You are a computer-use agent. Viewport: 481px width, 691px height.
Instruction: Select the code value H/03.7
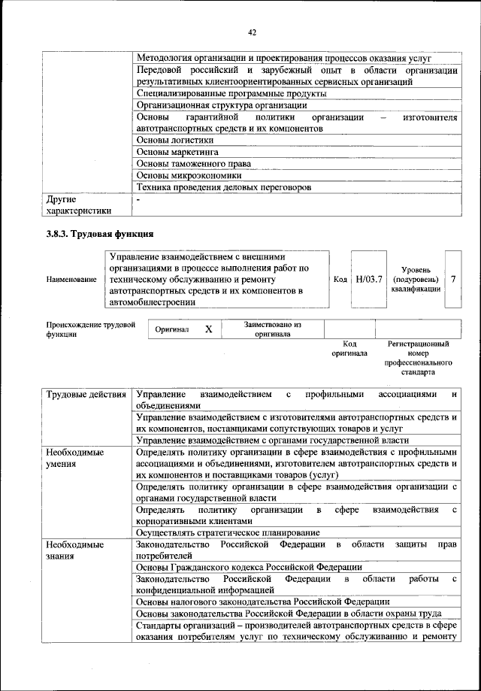[x=369, y=279]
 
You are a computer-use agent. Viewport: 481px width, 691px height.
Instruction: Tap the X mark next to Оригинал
[x=209, y=329]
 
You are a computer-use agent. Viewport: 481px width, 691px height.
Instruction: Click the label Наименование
[x=71, y=280]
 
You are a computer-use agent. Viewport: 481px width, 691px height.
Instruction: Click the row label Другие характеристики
[x=78, y=205]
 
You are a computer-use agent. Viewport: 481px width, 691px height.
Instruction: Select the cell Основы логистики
[x=175, y=140]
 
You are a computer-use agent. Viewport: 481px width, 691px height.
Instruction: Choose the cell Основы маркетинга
[x=177, y=152]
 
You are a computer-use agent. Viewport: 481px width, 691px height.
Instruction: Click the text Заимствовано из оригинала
[x=272, y=329]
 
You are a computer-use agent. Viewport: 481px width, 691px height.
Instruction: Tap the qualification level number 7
[x=454, y=279]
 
